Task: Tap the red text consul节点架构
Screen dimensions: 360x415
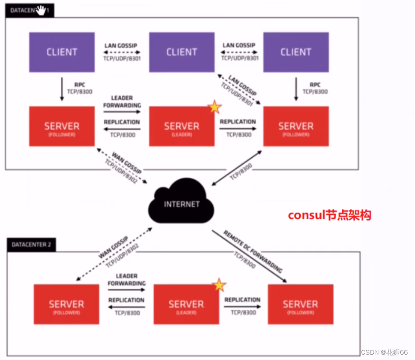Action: coord(329,215)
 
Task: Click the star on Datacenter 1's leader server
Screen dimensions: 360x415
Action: coord(214,107)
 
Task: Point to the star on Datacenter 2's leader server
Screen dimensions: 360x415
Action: coord(219,285)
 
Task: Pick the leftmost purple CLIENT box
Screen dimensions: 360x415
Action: coord(62,52)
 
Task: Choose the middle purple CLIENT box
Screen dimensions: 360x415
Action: coord(182,52)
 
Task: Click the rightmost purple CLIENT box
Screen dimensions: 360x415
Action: coord(296,52)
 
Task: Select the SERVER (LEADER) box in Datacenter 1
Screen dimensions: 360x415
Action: coord(182,127)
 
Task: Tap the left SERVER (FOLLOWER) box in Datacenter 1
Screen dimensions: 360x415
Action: coord(62,127)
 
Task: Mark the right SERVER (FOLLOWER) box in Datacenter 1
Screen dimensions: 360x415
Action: coord(296,127)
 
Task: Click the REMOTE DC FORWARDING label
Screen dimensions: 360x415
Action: coord(253,251)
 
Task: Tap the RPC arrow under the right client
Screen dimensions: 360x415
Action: coord(296,88)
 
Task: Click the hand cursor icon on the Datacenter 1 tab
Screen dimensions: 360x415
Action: coord(41,10)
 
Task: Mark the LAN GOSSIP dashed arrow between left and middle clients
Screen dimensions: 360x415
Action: coord(121,52)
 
